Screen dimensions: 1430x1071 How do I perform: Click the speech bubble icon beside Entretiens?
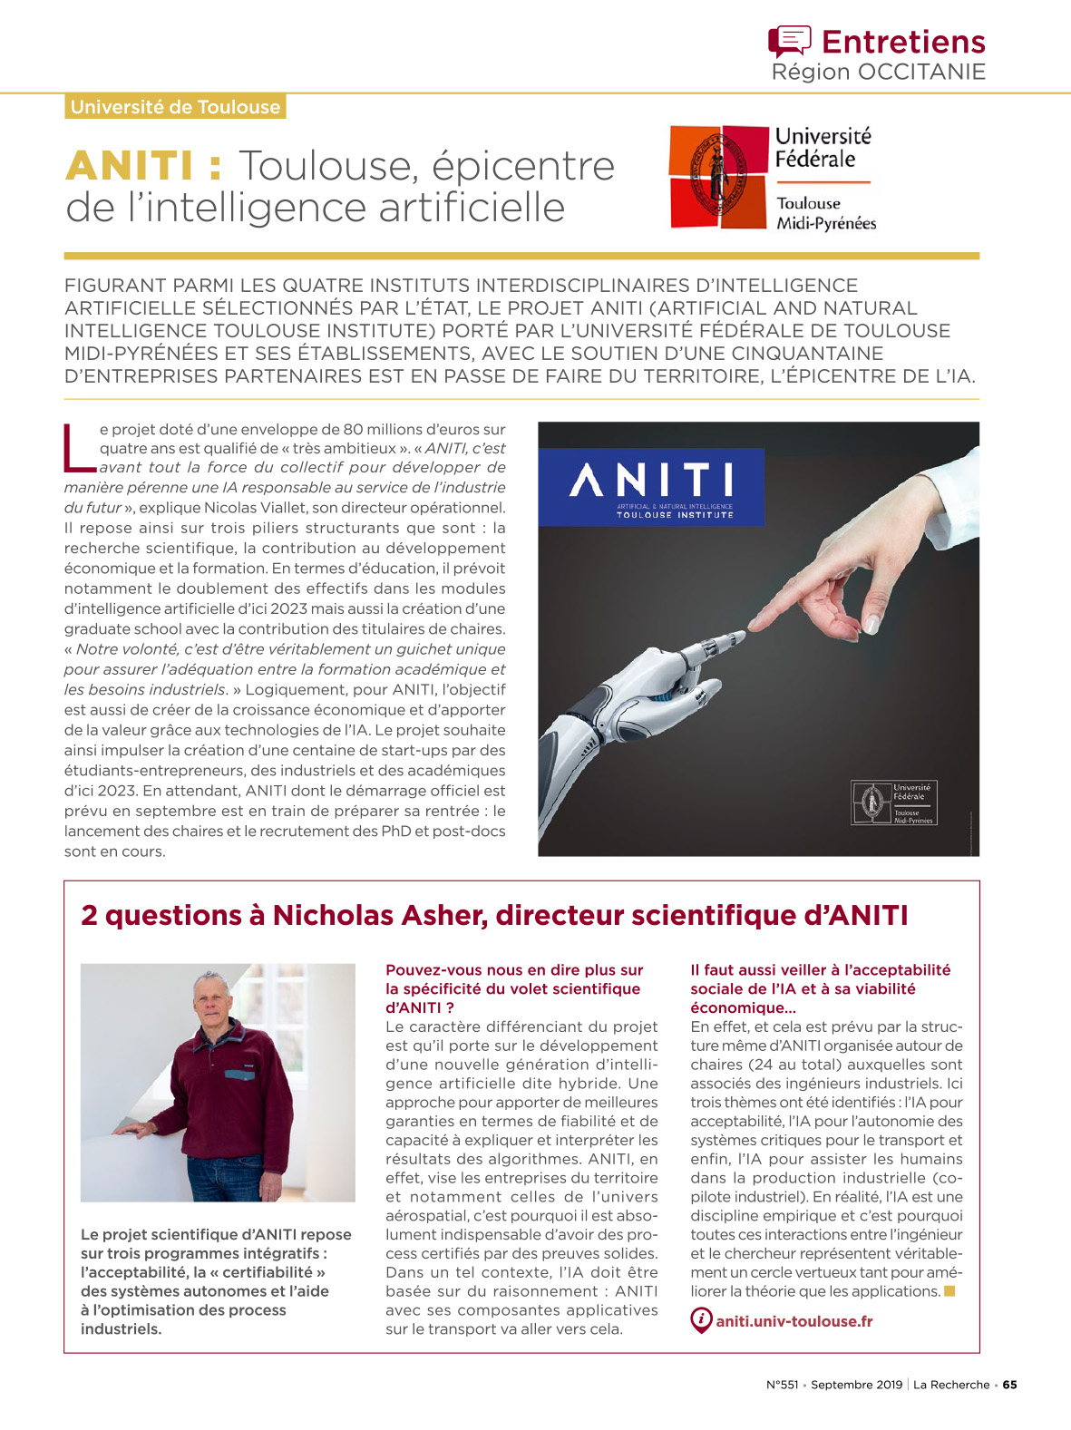tap(788, 41)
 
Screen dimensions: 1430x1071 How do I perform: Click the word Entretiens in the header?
tap(902, 42)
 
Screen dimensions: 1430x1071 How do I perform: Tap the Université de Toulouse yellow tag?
tap(175, 107)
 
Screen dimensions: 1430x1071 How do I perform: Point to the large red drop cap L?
tap(79, 448)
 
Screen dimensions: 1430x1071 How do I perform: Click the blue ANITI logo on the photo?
tap(651, 487)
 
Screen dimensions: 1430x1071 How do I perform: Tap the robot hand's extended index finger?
tap(722, 639)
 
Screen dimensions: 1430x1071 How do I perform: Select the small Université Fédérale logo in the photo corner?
tap(893, 803)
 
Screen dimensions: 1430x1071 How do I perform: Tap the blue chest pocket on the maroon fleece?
tap(240, 1074)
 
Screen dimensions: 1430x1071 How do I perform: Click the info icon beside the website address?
tap(701, 1320)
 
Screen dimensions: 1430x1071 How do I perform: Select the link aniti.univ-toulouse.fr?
tap(794, 1321)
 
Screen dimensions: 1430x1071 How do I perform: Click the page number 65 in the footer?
tap(1009, 1385)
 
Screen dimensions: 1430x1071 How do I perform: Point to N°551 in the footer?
tap(782, 1385)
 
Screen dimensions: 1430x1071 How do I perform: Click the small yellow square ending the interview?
tap(949, 1290)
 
